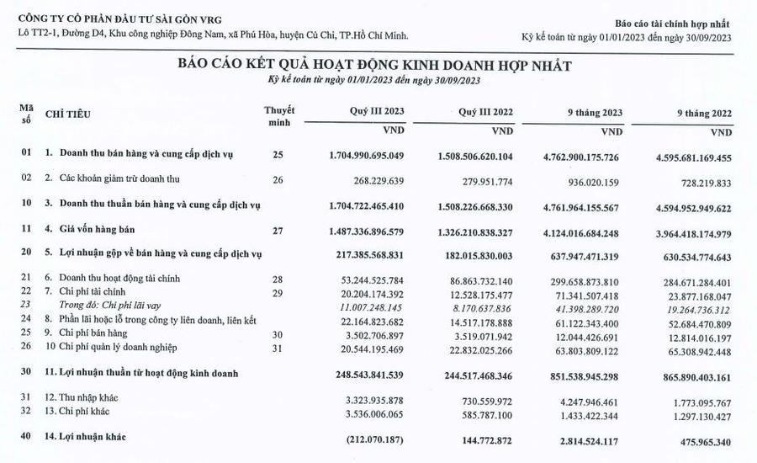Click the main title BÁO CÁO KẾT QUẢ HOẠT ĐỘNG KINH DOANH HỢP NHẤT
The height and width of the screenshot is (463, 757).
click(374, 65)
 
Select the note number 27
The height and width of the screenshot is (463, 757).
click(278, 229)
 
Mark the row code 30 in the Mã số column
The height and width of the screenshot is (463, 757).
click(26, 373)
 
